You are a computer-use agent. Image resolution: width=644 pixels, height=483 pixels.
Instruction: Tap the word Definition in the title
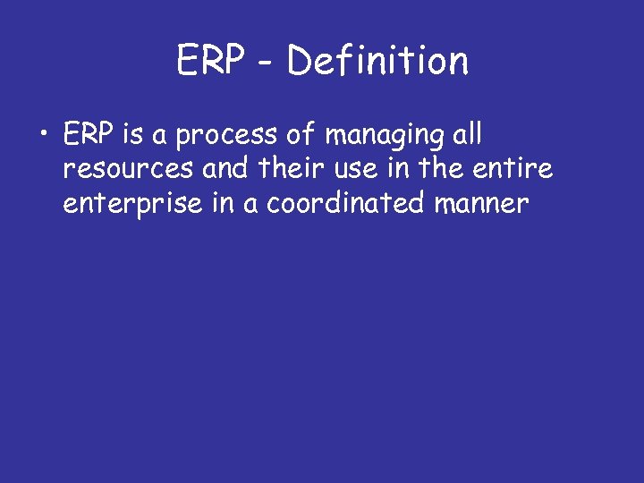pyautogui.click(x=378, y=62)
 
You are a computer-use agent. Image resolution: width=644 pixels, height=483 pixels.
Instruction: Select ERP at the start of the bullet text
pyautogui.click(x=88, y=135)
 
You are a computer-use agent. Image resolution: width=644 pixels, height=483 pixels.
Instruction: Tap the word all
pyautogui.click(x=468, y=135)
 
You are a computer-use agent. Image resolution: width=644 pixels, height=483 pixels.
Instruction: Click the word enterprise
pyautogui.click(x=125, y=205)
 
